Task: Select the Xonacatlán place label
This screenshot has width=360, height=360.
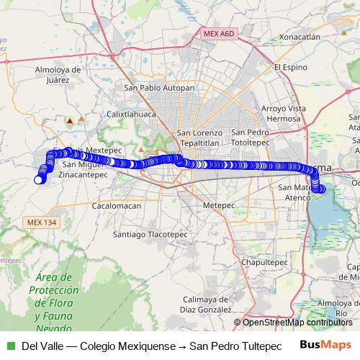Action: click(x=300, y=36)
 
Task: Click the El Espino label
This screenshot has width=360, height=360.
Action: click(x=291, y=67)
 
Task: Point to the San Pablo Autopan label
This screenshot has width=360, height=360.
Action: click(x=159, y=88)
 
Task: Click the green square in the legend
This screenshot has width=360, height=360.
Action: click(x=10, y=345)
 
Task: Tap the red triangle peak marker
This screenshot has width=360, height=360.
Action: click(x=70, y=121)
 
